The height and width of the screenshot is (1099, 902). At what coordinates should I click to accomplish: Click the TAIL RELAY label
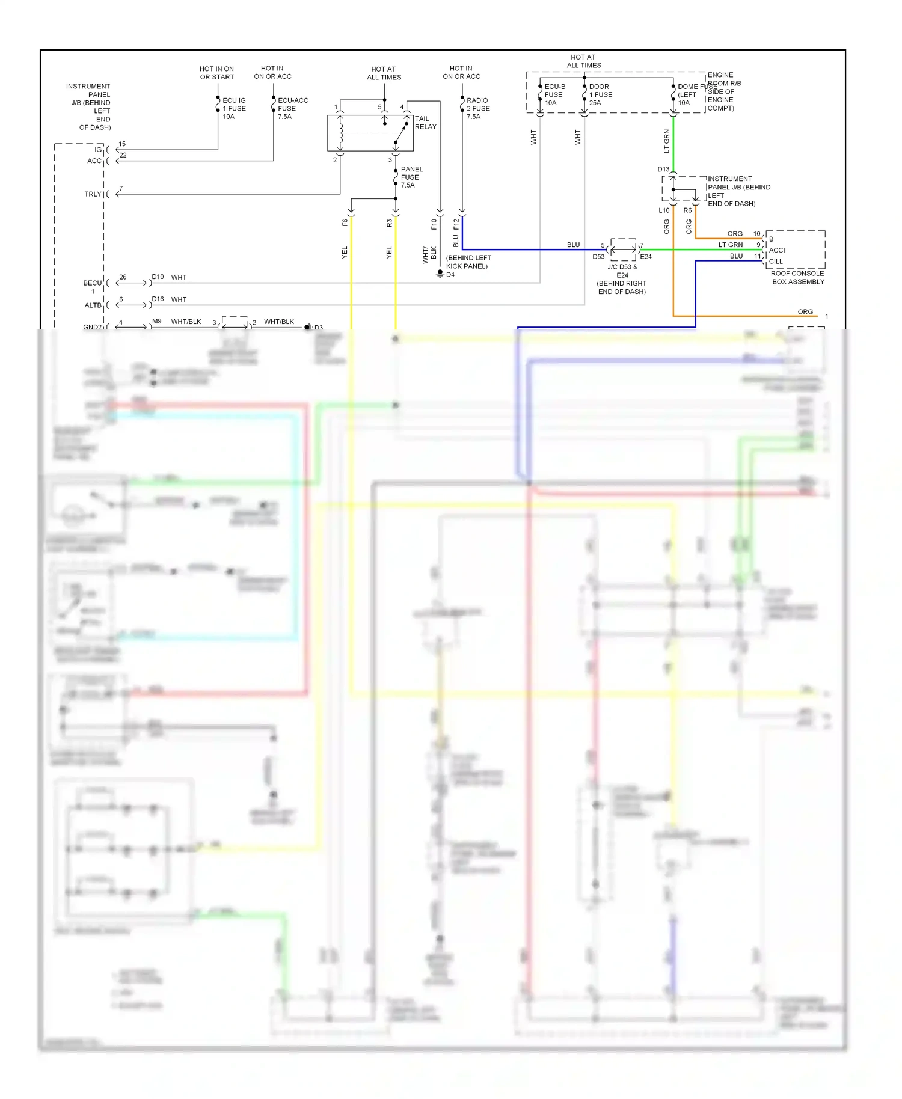click(425, 123)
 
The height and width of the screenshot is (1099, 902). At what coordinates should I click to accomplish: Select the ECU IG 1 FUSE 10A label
click(234, 108)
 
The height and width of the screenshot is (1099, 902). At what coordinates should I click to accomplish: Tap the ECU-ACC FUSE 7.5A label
click(292, 108)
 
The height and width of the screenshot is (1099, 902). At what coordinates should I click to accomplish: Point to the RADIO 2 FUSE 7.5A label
click(478, 108)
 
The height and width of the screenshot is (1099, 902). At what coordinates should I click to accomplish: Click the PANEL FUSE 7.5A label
click(411, 177)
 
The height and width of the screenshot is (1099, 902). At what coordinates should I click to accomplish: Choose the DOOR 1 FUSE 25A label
click(600, 94)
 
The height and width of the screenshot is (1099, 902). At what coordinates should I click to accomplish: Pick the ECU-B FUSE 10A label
click(554, 94)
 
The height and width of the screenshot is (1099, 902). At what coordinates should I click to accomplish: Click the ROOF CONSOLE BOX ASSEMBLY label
click(797, 277)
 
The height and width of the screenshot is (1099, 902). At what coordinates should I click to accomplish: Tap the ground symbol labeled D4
click(440, 273)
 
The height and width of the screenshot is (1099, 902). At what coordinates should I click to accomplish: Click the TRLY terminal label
click(93, 194)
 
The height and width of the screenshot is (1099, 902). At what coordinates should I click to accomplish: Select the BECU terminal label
click(92, 283)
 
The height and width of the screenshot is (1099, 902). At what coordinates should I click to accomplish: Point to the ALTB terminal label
click(93, 305)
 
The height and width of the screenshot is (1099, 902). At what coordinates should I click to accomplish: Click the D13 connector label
click(663, 170)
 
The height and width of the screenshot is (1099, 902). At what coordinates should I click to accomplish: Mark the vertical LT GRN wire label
click(666, 141)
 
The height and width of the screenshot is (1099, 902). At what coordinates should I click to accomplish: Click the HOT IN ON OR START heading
click(216, 73)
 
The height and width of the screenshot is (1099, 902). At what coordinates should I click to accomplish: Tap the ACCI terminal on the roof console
click(776, 250)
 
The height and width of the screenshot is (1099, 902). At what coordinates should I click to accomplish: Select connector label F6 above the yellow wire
click(345, 222)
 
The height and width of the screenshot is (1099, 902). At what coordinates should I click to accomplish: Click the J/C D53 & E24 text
click(622, 271)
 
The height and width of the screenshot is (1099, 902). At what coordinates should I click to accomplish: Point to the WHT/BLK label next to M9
click(186, 322)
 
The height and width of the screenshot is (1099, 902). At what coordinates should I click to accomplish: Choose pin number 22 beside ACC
click(123, 155)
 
